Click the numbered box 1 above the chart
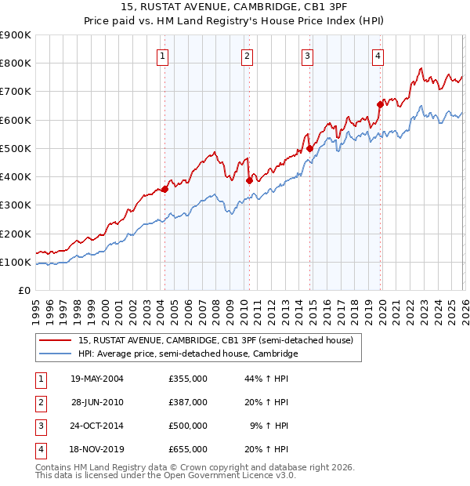point(162,56)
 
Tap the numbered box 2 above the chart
point(247,56)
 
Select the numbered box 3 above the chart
point(307,56)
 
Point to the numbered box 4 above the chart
point(378,56)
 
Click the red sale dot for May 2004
point(165,189)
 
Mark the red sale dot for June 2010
point(249,180)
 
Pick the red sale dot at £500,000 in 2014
point(309,148)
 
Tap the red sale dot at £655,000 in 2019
point(380,103)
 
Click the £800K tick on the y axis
point(16,63)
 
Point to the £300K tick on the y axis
point(16,205)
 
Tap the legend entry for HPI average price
point(188,354)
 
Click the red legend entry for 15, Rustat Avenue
point(215,340)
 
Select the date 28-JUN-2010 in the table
point(97,402)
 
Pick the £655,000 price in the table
point(188,449)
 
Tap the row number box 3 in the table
point(39,426)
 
